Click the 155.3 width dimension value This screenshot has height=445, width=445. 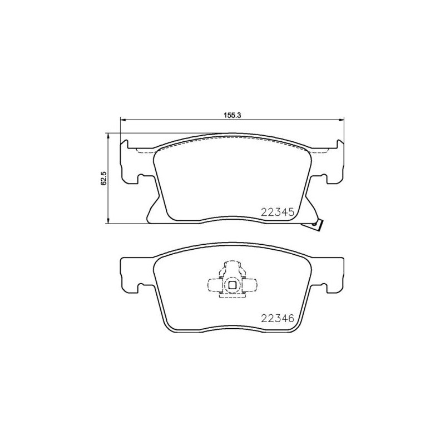tap(232, 115)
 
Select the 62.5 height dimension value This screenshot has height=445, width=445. tap(103, 178)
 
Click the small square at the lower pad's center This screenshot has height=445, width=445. tap(232, 285)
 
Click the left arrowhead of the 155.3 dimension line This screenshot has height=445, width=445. tap(123, 120)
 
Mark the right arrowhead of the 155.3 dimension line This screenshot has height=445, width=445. tap(341, 120)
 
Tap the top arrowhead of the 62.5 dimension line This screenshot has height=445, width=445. tap(108, 136)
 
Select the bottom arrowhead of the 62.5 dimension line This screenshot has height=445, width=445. tap(108, 220)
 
